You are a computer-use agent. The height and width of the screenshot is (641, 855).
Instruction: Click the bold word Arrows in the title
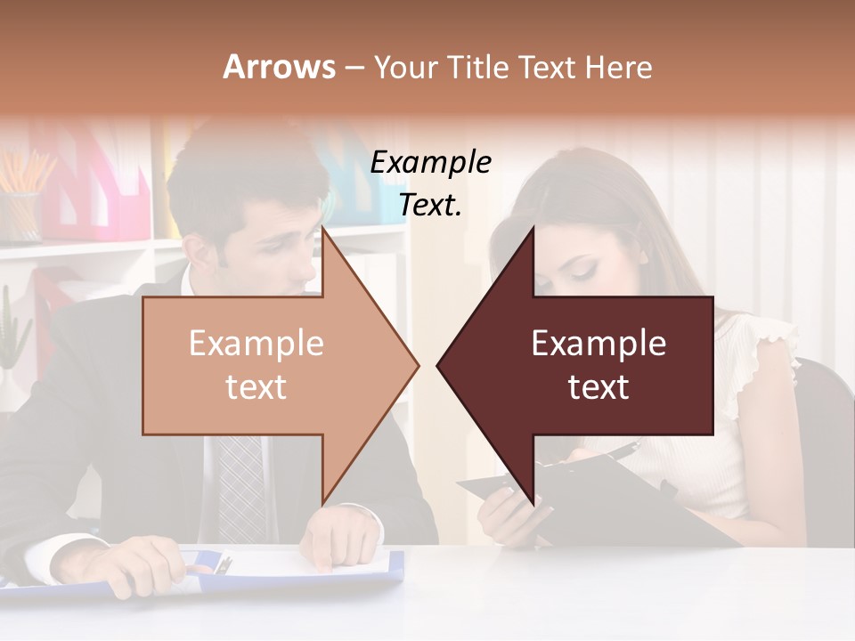click(279, 67)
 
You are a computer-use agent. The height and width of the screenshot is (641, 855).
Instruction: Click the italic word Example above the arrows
click(431, 163)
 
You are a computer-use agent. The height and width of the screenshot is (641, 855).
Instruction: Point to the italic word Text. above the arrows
click(431, 205)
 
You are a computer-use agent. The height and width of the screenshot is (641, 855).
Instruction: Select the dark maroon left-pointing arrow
click(588, 365)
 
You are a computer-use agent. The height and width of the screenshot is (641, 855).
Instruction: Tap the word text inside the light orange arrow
click(256, 387)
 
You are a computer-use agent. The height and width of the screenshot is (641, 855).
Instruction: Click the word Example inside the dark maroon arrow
click(598, 344)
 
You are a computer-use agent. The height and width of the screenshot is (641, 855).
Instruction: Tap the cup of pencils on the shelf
click(20, 214)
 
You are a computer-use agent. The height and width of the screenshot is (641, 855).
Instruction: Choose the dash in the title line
click(354, 68)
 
